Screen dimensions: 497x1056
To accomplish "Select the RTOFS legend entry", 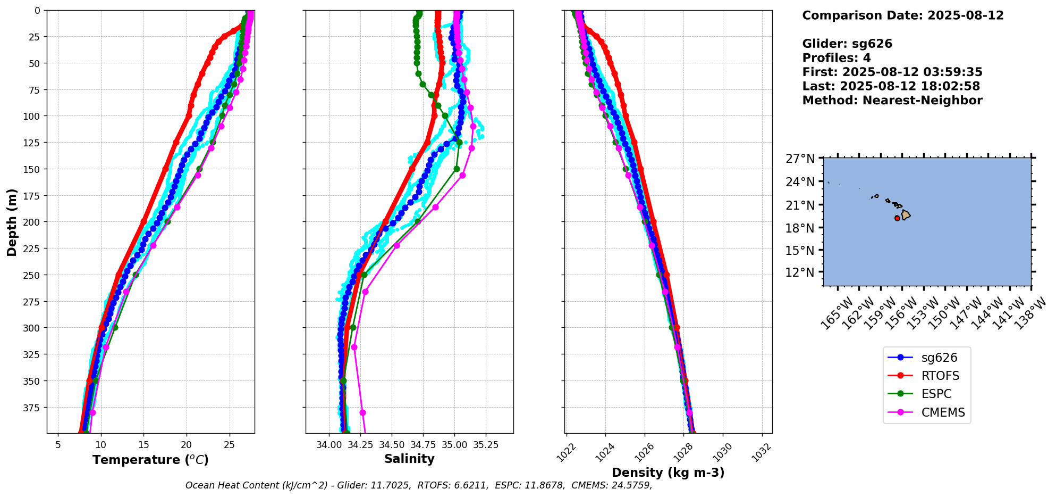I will point(940,376).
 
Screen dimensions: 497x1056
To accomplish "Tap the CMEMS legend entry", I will point(943,412).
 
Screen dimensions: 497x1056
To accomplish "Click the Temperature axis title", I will point(150,460).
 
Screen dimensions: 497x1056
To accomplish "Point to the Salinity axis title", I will point(409,459).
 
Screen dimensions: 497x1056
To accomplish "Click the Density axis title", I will point(668,473).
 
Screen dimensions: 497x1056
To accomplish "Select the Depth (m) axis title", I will point(12,222).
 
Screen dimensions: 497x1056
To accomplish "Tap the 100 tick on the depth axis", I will point(33,116).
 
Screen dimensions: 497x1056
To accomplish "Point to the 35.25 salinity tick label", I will point(485,445).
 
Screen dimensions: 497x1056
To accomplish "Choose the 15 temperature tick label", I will point(143,445).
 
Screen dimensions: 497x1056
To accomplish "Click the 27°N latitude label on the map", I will point(800,159).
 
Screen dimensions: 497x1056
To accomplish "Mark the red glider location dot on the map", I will point(897,218).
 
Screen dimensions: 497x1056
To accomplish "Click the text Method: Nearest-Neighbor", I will point(892,100).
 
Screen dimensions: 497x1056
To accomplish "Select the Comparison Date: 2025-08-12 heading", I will point(902,15).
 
